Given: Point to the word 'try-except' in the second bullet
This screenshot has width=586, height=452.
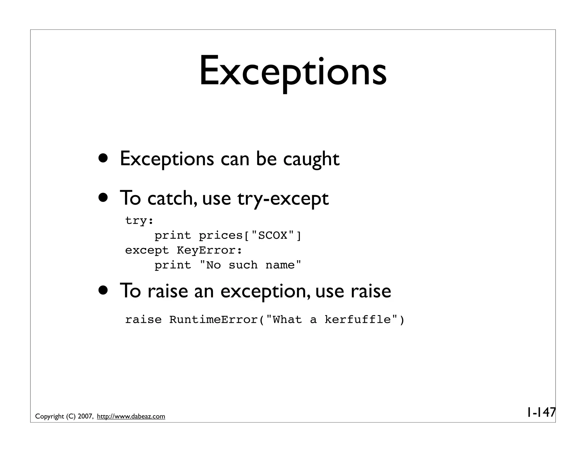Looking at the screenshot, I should point(283,199).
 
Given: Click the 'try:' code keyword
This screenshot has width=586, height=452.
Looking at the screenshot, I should point(139,221).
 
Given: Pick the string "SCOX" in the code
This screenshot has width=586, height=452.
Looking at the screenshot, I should point(273,236).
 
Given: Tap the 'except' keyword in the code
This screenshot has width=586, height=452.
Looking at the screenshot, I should point(147,251).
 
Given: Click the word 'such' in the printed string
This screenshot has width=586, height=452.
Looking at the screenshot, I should point(243,265).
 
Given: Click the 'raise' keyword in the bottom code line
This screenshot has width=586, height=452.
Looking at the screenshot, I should point(143,320).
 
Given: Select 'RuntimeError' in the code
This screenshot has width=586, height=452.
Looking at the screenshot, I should point(213,320).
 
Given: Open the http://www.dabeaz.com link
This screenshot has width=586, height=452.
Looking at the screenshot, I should point(131,417).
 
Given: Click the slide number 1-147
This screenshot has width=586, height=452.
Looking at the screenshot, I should point(541,412).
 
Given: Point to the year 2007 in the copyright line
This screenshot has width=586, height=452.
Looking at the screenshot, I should point(85,417).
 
